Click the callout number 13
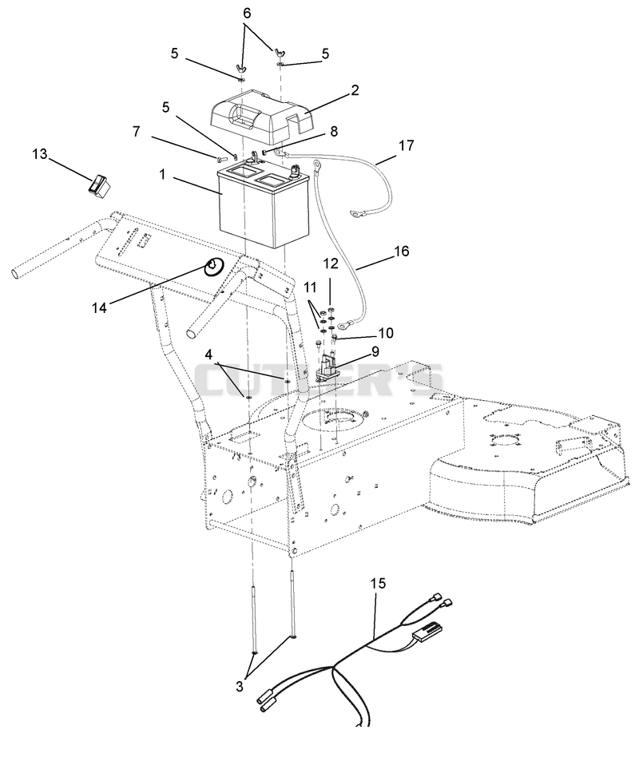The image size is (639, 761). tap(40, 154)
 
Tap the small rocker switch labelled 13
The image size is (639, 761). tap(100, 187)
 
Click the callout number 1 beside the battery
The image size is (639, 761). tap(163, 175)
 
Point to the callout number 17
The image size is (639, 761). tap(407, 145)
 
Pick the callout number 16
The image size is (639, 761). tap(402, 251)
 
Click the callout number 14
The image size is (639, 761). tap(99, 307)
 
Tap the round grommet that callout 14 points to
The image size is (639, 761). tap(214, 267)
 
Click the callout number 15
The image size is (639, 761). tap(379, 583)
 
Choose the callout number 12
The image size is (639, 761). tap(331, 264)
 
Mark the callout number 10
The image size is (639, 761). tap(386, 333)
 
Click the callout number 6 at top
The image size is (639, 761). tap(247, 13)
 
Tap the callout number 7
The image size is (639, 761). tap(137, 131)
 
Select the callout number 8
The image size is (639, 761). tap(334, 131)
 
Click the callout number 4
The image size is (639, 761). tap(208, 355)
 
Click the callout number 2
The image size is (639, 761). tap(355, 90)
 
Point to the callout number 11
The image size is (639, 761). tap(310, 287)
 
